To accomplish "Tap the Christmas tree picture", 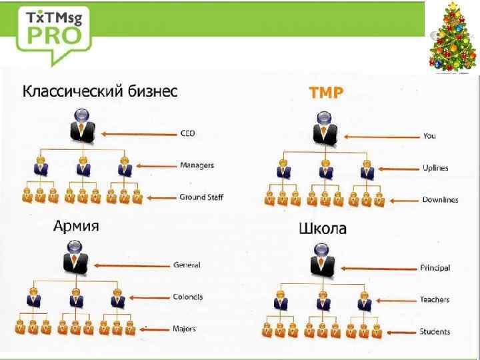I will click(x=453, y=38).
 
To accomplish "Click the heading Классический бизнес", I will click(x=101, y=91).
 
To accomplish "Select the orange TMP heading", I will click(x=327, y=93).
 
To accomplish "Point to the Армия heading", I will click(x=77, y=226).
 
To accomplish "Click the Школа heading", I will click(x=323, y=229).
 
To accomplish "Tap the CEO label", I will click(x=187, y=133).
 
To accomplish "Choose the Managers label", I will click(x=197, y=165).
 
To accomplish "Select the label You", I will click(x=429, y=136).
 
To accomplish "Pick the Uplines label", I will click(x=435, y=167).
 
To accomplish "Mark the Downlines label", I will click(x=440, y=199).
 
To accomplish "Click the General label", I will click(x=187, y=265).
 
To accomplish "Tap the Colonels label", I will click(x=188, y=297).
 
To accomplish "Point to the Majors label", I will click(x=185, y=329).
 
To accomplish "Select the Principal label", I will click(x=435, y=268).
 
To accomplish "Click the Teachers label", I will click(x=435, y=300).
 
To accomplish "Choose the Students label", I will click(x=435, y=331).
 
